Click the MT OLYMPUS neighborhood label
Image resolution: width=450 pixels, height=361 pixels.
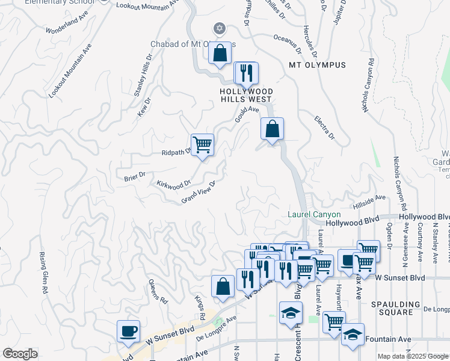point(317,65)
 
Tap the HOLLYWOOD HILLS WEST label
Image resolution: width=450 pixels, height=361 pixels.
point(245,94)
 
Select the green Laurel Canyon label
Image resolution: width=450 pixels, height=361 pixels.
point(314,215)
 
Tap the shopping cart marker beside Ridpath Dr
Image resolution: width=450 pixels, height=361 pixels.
point(203,144)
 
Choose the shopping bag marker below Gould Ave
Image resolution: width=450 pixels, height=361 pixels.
point(272,129)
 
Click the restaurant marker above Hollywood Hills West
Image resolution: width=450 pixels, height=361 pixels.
point(246,73)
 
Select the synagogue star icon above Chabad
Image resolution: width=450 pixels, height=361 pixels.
point(220,28)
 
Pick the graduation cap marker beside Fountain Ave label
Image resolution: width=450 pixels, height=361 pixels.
point(353,335)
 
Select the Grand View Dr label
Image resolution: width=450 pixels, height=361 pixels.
point(199,193)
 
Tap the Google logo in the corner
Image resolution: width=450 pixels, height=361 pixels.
point(20,354)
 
